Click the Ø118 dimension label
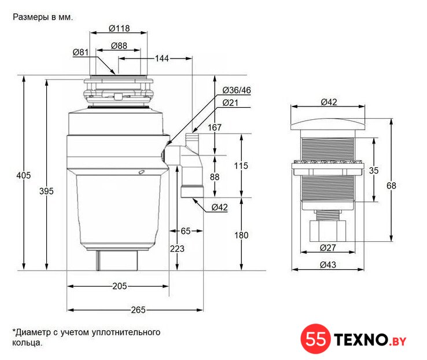(119, 28)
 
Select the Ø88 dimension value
(119, 46)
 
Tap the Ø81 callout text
(80, 52)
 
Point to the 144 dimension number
(162, 58)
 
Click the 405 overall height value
(23, 175)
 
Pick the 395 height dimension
(46, 191)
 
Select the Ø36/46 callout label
(237, 90)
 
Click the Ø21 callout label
(230, 103)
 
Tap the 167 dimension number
(215, 127)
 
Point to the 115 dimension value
(241, 166)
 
